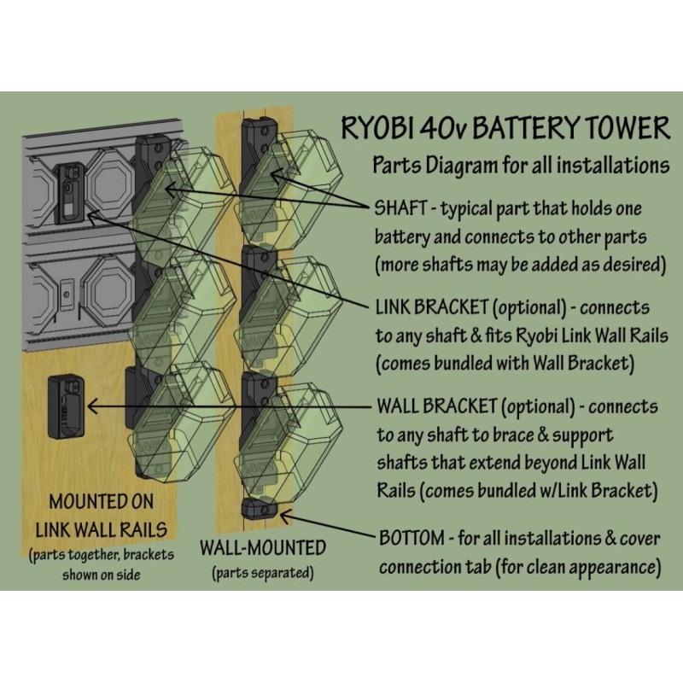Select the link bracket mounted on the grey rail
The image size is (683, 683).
(x=68, y=191)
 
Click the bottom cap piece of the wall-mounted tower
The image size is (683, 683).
(x=260, y=510)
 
